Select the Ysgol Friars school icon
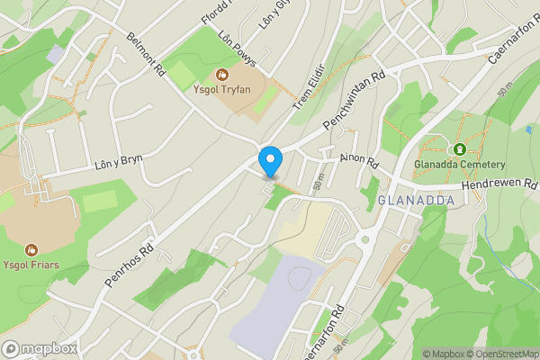coord(31,249)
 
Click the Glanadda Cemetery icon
coord(460,148)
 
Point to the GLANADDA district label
coord(412,199)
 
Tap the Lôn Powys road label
coord(238,49)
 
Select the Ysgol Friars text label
coord(31,264)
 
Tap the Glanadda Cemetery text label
coord(460,166)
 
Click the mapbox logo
coord(40,348)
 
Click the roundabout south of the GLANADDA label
coord(365,239)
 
